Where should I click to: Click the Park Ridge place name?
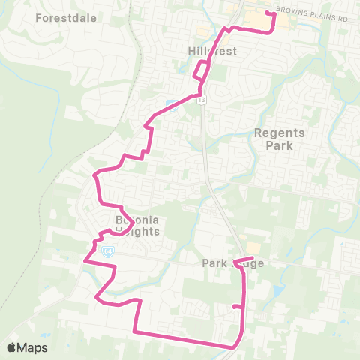pos(233,263)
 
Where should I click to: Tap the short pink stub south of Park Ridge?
pos(238,306)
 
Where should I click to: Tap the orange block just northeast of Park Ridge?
pos(253,247)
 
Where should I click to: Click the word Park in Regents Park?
pos(280,146)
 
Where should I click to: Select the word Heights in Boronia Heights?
pos(137,232)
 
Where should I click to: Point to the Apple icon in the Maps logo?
pos(11,347)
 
